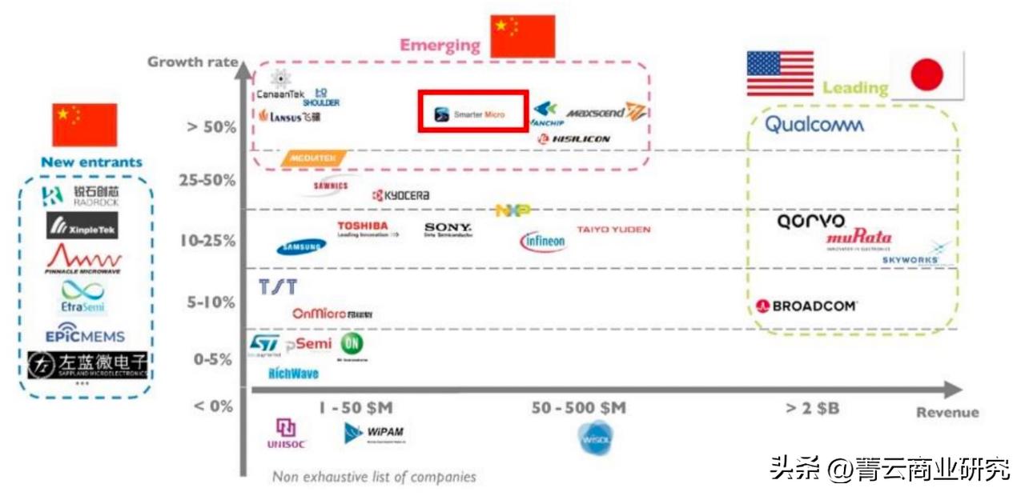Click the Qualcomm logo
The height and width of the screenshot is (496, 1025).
point(814,125)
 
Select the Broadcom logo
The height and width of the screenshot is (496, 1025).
point(806,306)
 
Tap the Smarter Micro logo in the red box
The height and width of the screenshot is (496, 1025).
point(472,114)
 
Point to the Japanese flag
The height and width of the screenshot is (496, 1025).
point(928,75)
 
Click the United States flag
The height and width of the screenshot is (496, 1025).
point(780,74)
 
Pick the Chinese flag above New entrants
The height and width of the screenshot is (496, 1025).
point(85,124)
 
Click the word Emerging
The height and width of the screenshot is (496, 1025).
point(440,45)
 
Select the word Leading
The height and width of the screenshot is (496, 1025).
point(855,88)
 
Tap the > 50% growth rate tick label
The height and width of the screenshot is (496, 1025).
point(211,126)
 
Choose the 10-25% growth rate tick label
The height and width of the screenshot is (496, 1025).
point(207,240)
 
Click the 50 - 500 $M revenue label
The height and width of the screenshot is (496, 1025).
point(579,408)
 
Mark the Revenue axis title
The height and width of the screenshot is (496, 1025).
point(947,413)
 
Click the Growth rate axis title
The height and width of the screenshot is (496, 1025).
point(192,62)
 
